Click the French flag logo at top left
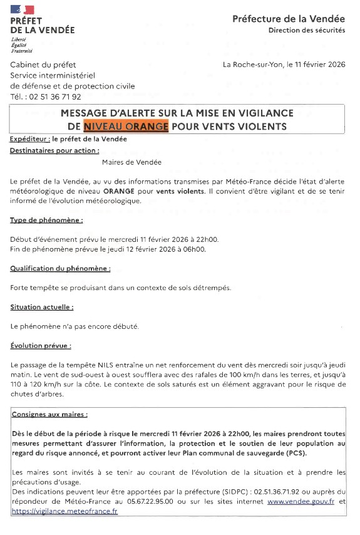point(23,9)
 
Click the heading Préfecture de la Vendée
point(289,19)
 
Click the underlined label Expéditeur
point(29,139)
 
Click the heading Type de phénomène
point(46,221)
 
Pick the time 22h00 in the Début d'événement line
point(207,239)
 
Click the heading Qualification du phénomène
point(60,268)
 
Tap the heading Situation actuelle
point(41,307)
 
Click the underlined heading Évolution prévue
point(40,345)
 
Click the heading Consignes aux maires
point(49,415)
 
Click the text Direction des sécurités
point(307,31)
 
